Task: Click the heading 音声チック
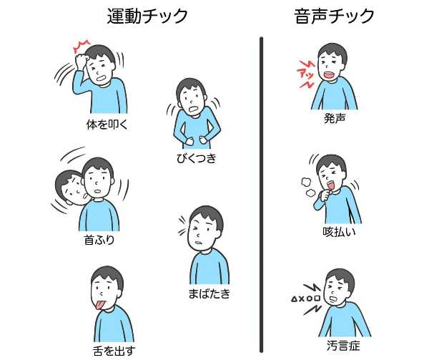point(335,16)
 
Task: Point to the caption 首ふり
point(99,240)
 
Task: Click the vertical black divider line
point(262,193)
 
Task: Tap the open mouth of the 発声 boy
point(327,74)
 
